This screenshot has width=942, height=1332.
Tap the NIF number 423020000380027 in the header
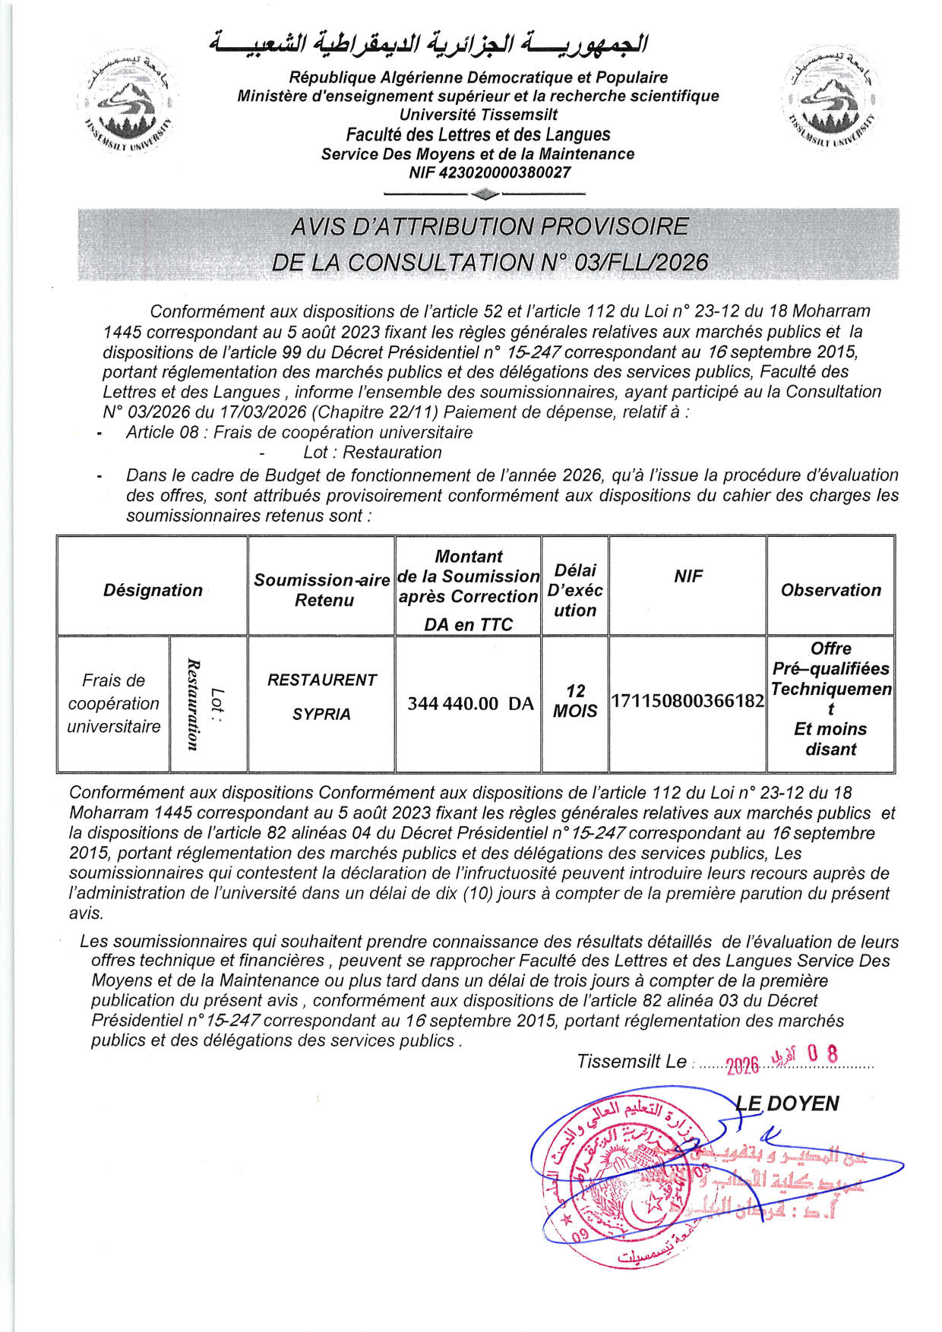pyautogui.click(x=489, y=173)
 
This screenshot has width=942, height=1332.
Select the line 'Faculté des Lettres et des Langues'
pyautogui.click(x=478, y=135)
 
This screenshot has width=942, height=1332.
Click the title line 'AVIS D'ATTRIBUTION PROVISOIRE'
pyautogui.click(x=489, y=227)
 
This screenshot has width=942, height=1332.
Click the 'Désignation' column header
pyautogui.click(x=153, y=590)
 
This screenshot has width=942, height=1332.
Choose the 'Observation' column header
pyautogui.click(x=830, y=590)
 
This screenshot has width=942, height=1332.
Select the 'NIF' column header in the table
pyautogui.click(x=688, y=576)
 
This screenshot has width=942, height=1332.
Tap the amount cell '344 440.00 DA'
pyautogui.click(x=470, y=703)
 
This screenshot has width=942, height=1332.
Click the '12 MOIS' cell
pyautogui.click(x=575, y=701)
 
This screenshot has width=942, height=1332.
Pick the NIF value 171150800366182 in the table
pyautogui.click(x=688, y=700)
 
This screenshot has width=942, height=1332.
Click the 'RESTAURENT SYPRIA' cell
pyautogui.click(x=321, y=696)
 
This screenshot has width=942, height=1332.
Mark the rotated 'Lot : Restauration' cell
pyautogui.click(x=207, y=704)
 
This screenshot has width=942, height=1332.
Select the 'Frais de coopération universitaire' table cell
pyautogui.click(x=114, y=703)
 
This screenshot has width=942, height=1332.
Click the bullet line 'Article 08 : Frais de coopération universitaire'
pyautogui.click(x=299, y=433)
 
